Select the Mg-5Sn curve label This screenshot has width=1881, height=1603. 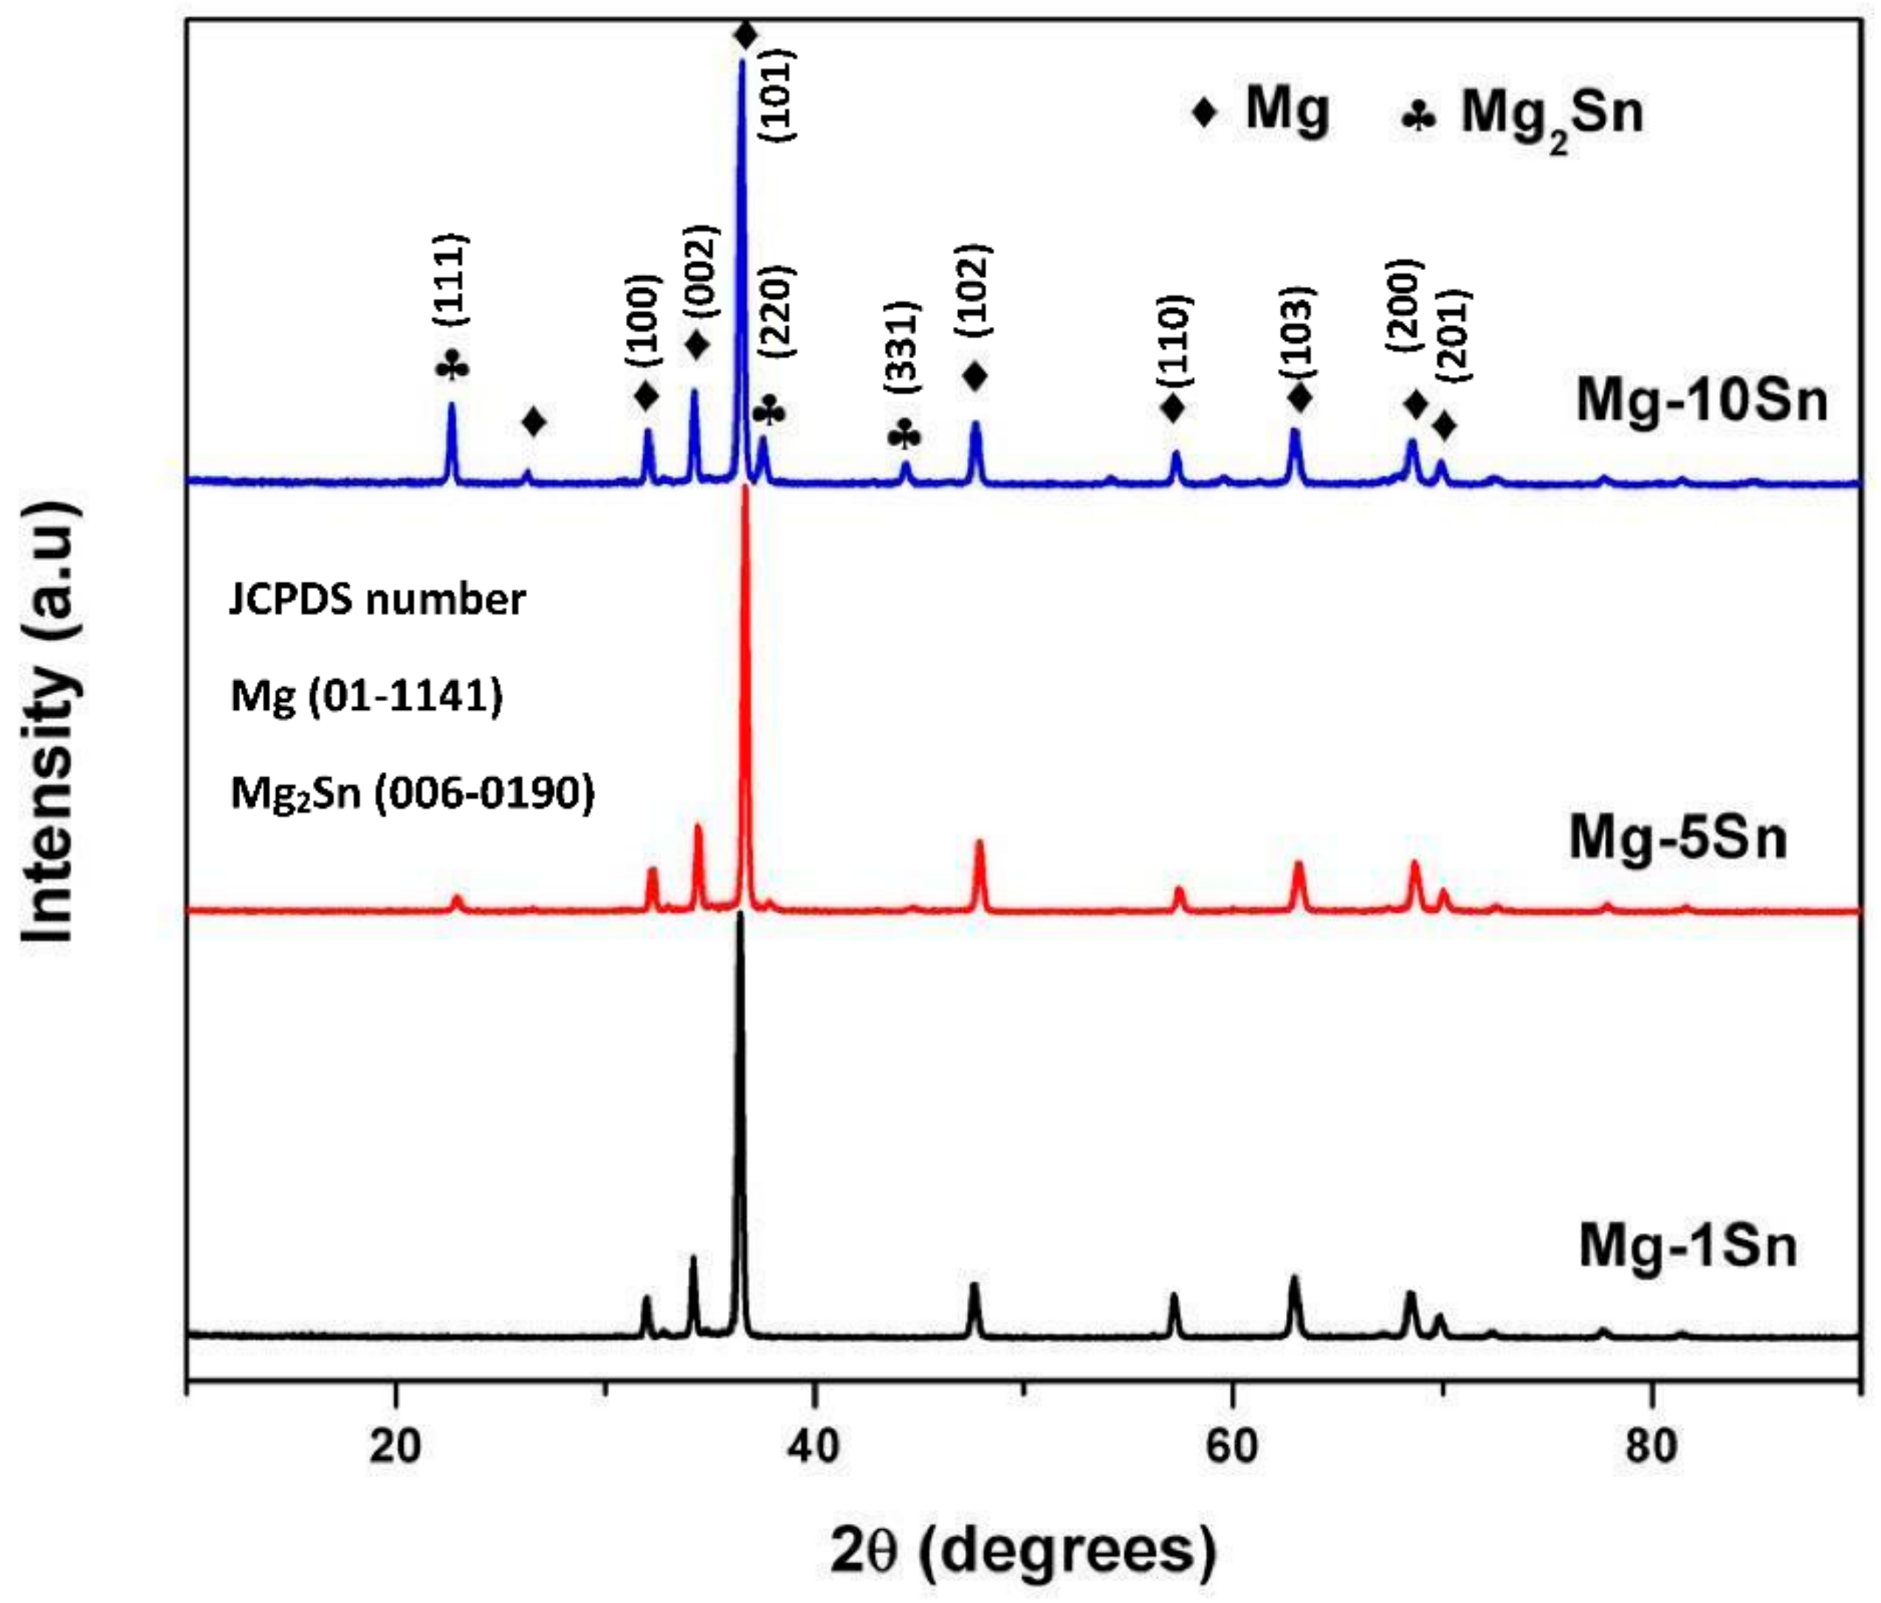[x=1678, y=838]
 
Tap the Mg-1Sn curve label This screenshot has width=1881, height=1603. [x=1688, y=1247]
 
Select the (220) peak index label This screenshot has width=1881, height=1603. [x=776, y=311]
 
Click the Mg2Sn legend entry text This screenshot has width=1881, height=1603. [x=1552, y=115]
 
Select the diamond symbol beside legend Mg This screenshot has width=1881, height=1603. [x=1205, y=113]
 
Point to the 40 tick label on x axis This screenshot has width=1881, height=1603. [x=814, y=1446]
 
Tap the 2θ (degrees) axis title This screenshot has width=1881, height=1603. [x=1023, y=1551]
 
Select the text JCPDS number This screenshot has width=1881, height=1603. [x=376, y=599]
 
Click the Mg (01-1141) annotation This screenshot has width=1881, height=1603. [x=367, y=696]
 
